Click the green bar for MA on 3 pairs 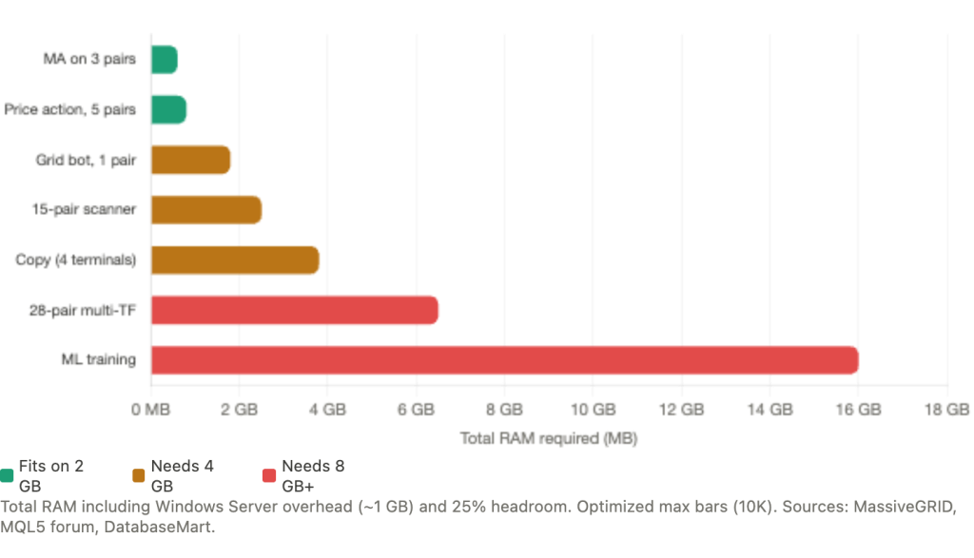point(164,59)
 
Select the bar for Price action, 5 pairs point(168,109)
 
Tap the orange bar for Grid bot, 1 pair point(190,160)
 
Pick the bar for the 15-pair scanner point(205,209)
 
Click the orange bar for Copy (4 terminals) point(235,260)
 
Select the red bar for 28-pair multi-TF point(294,310)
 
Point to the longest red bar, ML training point(504,360)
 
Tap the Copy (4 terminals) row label point(77,260)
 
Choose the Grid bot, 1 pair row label point(87,160)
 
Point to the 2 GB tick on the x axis point(240,410)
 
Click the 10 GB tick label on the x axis point(593,410)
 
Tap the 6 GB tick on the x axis point(416,410)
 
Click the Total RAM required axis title point(549,438)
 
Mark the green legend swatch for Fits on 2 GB point(8,472)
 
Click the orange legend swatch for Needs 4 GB point(139,472)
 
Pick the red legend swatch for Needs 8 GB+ point(269,472)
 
